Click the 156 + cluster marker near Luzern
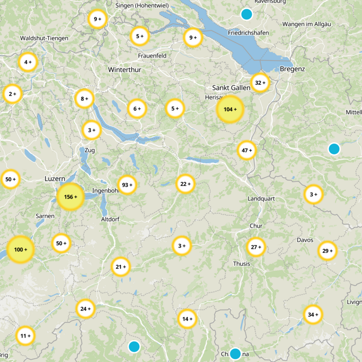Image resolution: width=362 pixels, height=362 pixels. pyautogui.click(x=71, y=197)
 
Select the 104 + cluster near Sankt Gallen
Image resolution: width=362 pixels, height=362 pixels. pyautogui.click(x=230, y=110)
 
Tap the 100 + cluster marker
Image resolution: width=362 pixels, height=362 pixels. pyautogui.click(x=21, y=250)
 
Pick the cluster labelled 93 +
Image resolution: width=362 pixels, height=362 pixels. pyautogui.click(x=127, y=185)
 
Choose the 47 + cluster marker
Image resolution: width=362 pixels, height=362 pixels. pyautogui.click(x=247, y=150)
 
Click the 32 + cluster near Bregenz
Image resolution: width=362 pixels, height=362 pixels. pyautogui.click(x=260, y=83)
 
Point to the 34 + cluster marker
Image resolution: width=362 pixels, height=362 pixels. pyautogui.click(x=313, y=314)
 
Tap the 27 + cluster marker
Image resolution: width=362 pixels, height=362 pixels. pyautogui.click(x=256, y=247)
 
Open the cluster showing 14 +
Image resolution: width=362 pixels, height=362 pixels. pyautogui.click(x=187, y=319)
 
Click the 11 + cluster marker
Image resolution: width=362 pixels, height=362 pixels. pyautogui.click(x=25, y=336)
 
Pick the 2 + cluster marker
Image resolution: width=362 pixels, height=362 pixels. pyautogui.click(x=12, y=94)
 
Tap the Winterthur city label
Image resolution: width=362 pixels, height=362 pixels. pyautogui.click(x=125, y=70)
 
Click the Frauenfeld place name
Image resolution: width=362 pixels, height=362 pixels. pyautogui.click(x=152, y=56)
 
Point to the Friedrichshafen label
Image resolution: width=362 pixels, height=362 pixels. pyautogui.click(x=248, y=33)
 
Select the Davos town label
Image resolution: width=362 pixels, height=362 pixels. pyautogui.click(x=305, y=240)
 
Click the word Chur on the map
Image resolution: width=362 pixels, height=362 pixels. pyautogui.click(x=256, y=226)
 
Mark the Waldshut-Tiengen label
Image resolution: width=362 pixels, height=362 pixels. pyautogui.click(x=44, y=38)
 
